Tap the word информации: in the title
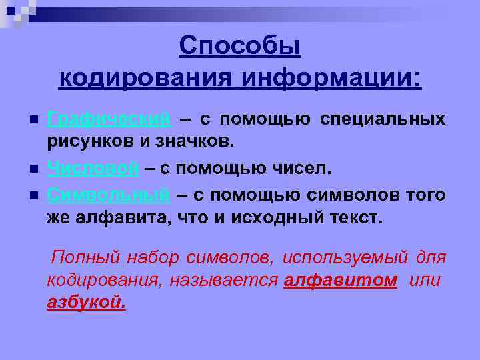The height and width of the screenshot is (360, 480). tap(331, 79)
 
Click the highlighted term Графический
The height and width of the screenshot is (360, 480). tap(108, 119)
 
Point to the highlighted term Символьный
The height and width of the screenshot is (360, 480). tap(108, 195)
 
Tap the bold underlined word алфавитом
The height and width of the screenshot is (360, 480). tap(340, 280)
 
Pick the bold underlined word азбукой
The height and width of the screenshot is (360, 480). tap(86, 303)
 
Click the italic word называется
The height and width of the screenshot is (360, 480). tap(223, 280)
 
